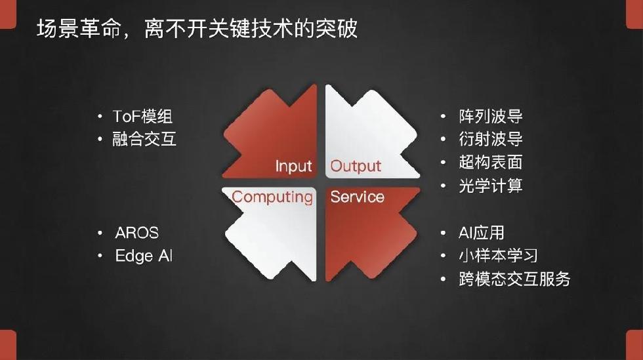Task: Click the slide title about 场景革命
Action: pyautogui.click(x=197, y=29)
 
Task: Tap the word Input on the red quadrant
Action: pyautogui.click(x=294, y=167)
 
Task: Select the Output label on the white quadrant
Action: pyautogui.click(x=356, y=166)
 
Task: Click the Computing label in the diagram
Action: pyautogui.click(x=272, y=197)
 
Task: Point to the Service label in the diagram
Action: pyautogui.click(x=357, y=197)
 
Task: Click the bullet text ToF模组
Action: pyautogui.click(x=142, y=117)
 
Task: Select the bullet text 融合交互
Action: pyautogui.click(x=144, y=139)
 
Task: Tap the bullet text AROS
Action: pyautogui.click(x=137, y=233)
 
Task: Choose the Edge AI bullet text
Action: pyautogui.click(x=144, y=256)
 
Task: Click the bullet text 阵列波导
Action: pyautogui.click(x=491, y=117)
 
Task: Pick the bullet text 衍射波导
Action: pyautogui.click(x=491, y=139)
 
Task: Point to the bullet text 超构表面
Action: pyautogui.click(x=491, y=163)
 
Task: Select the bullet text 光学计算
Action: pyautogui.click(x=491, y=186)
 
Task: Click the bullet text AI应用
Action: pyautogui.click(x=482, y=233)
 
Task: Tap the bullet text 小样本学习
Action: pyautogui.click(x=498, y=256)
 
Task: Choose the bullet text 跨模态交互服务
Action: pyautogui.click(x=514, y=279)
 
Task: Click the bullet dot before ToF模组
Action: pyautogui.click(x=100, y=117)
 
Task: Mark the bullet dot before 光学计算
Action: pyautogui.click(x=444, y=186)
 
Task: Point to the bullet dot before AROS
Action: pyautogui.click(x=100, y=233)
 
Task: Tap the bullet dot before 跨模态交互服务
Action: pyautogui.click(x=444, y=279)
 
